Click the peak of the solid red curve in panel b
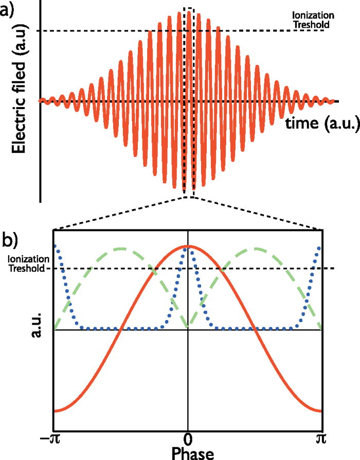(188, 246)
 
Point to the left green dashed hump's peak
(121, 249)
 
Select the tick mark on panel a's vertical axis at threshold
(41, 31)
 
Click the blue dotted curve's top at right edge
(320, 248)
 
